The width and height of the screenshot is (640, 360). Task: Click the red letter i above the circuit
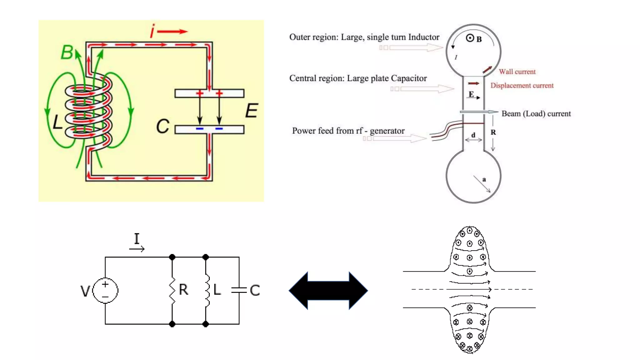152,31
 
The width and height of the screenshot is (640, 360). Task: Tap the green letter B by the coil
67,52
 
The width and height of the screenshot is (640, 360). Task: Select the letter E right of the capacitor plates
252,111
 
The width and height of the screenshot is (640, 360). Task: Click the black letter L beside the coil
57,122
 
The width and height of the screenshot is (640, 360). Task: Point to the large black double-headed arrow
328,290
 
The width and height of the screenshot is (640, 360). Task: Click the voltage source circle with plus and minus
105,290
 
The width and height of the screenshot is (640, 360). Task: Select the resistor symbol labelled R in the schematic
172,290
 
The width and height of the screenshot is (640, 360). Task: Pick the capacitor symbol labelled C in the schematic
239,290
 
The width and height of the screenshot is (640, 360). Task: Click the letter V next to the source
85,291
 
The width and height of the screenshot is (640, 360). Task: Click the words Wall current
517,72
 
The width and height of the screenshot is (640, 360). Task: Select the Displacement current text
522,85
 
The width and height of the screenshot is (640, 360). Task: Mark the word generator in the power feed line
387,131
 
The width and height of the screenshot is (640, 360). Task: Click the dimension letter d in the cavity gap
473,135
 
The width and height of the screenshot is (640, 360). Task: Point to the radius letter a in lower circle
484,179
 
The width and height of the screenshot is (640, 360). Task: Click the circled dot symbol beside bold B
470,38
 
